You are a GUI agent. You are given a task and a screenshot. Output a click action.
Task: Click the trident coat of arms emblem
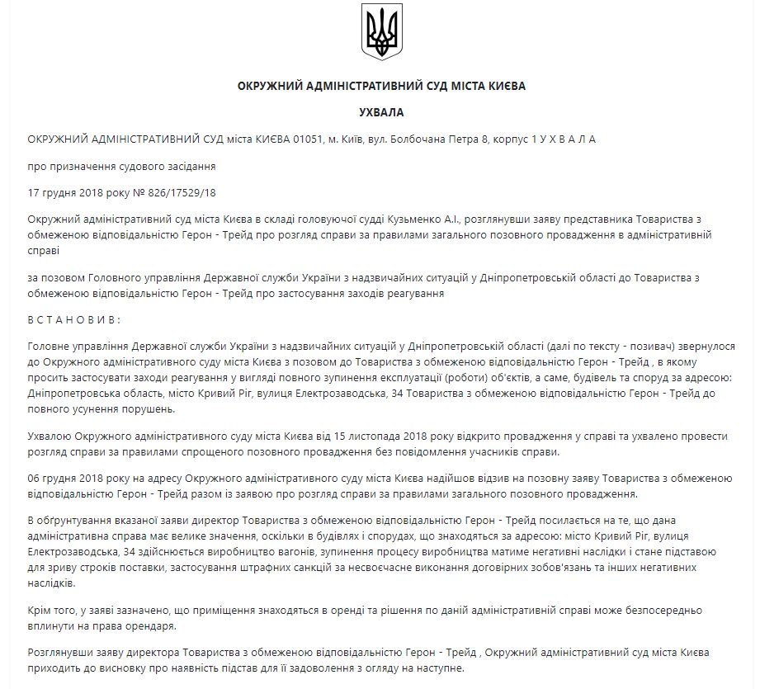pos(381,31)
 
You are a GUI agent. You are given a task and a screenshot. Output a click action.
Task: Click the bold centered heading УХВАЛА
pos(381,112)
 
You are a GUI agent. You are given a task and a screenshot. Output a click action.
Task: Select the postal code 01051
pos(312,139)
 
